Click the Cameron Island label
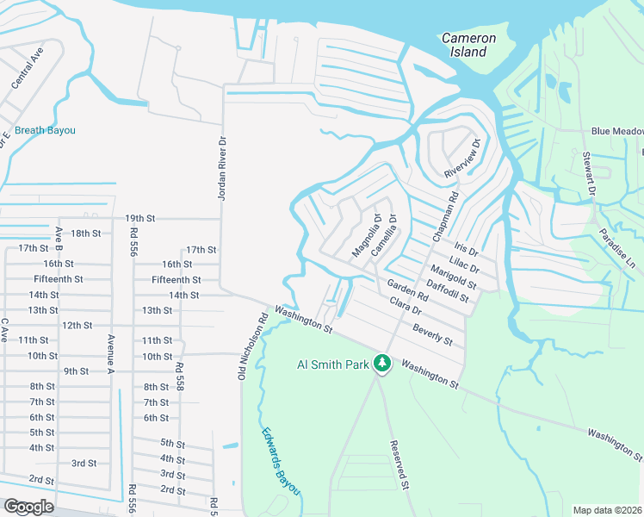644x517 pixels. pyautogui.click(x=468, y=45)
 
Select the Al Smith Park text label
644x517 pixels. pyautogui.click(x=331, y=364)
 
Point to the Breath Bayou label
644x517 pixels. pyautogui.click(x=45, y=130)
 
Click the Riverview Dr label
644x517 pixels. pyautogui.click(x=461, y=160)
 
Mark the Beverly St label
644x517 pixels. pyautogui.click(x=432, y=334)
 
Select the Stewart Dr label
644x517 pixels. pyautogui.click(x=588, y=171)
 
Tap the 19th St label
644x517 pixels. pyautogui.click(x=139, y=218)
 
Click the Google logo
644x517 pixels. pyautogui.click(x=28, y=507)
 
